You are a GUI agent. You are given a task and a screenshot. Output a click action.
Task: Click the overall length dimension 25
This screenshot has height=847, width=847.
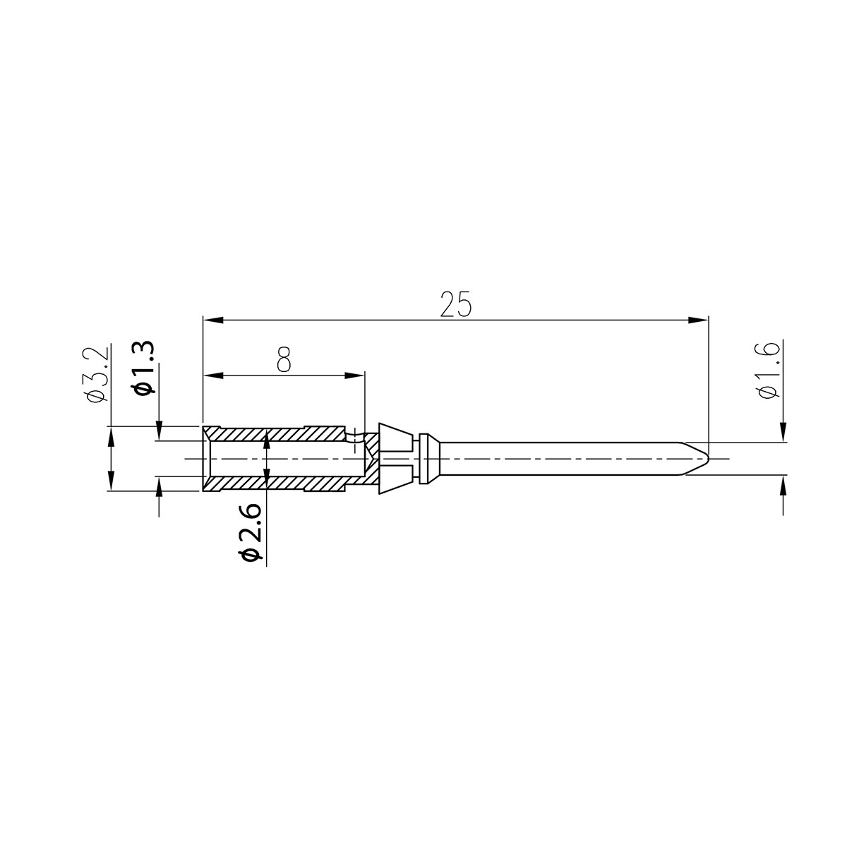pos(455,304)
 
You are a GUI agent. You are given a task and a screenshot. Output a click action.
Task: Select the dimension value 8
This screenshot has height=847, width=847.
pos(284,359)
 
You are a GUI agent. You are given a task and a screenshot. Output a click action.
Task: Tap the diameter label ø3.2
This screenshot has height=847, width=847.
pos(98,374)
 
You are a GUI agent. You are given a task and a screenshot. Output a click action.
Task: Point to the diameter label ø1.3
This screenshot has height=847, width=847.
pos(145,368)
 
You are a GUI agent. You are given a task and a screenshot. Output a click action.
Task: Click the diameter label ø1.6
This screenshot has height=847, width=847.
pos(769,371)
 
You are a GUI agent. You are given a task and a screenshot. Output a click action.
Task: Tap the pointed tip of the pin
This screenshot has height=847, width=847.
pos(708,458)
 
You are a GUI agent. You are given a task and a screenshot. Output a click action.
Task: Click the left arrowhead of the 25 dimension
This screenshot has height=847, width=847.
pos(212,320)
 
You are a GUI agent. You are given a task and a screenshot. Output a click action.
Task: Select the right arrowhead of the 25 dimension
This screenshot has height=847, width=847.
pos(698,320)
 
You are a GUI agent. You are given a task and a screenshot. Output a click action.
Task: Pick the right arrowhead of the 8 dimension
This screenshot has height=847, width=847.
pos(355,376)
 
